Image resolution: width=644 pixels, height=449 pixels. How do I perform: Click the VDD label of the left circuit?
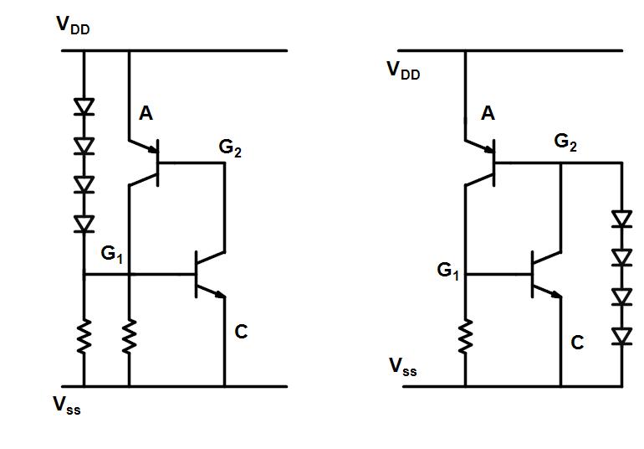(x=73, y=24)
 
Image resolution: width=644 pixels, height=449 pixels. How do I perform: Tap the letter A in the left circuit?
(x=146, y=114)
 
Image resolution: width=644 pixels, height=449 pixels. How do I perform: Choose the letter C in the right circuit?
(x=577, y=342)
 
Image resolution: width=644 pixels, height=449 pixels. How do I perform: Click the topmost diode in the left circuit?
(x=84, y=106)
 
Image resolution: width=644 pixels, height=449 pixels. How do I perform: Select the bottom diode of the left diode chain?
(x=84, y=223)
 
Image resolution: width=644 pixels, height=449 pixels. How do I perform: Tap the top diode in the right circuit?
(x=621, y=219)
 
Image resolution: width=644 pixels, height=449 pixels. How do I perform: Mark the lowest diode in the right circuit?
(x=621, y=336)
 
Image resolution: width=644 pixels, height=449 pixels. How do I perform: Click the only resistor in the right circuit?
(x=465, y=336)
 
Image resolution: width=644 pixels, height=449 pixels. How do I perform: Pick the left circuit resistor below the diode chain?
(x=84, y=337)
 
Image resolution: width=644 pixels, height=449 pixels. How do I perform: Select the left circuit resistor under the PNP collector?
(x=129, y=337)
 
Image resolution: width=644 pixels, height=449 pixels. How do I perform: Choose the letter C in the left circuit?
(x=241, y=333)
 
